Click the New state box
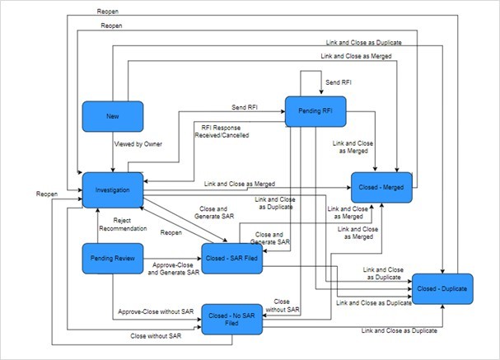113,116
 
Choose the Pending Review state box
113,258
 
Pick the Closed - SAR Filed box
232,258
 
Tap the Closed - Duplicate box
442,288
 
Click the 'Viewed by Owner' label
138,144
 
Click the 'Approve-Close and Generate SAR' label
174,268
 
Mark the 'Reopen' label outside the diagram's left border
47,194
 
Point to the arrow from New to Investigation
113,152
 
